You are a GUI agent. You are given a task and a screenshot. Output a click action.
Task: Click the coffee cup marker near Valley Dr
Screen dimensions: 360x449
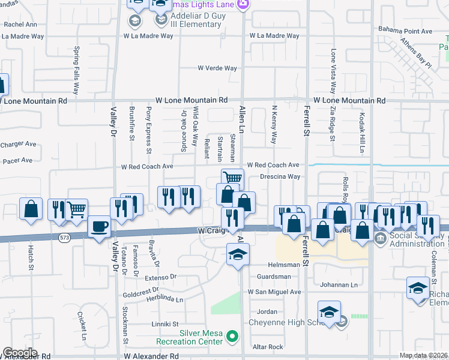tap(100, 227)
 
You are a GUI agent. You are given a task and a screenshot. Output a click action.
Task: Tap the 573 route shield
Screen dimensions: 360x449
tap(64, 238)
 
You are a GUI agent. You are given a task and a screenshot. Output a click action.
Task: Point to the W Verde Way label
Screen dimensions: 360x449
tap(217, 68)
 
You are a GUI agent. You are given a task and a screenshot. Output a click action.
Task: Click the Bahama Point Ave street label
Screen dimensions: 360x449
tap(405, 31)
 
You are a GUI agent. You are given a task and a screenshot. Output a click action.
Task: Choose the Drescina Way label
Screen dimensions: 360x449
tap(280, 177)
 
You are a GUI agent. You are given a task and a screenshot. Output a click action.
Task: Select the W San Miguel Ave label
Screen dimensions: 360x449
tap(274, 292)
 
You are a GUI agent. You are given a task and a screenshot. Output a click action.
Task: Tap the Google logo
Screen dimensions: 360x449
tap(19, 353)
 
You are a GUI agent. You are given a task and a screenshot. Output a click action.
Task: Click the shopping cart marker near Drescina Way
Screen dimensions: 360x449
tap(232, 177)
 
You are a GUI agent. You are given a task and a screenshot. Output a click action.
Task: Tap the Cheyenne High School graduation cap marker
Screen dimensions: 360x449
tap(329, 312)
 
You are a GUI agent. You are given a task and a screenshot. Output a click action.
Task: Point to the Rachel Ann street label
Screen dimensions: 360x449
tap(20, 25)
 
